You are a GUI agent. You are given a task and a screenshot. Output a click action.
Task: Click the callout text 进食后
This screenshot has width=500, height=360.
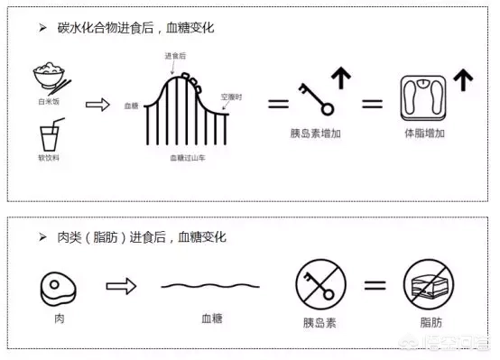pos(175,56)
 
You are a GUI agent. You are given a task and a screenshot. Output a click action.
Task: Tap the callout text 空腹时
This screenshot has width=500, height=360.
pos(232,95)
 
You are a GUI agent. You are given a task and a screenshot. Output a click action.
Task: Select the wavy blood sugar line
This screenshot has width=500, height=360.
pos(211,286)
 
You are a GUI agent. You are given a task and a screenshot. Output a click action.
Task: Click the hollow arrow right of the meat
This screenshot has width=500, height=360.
pos(120,286)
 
